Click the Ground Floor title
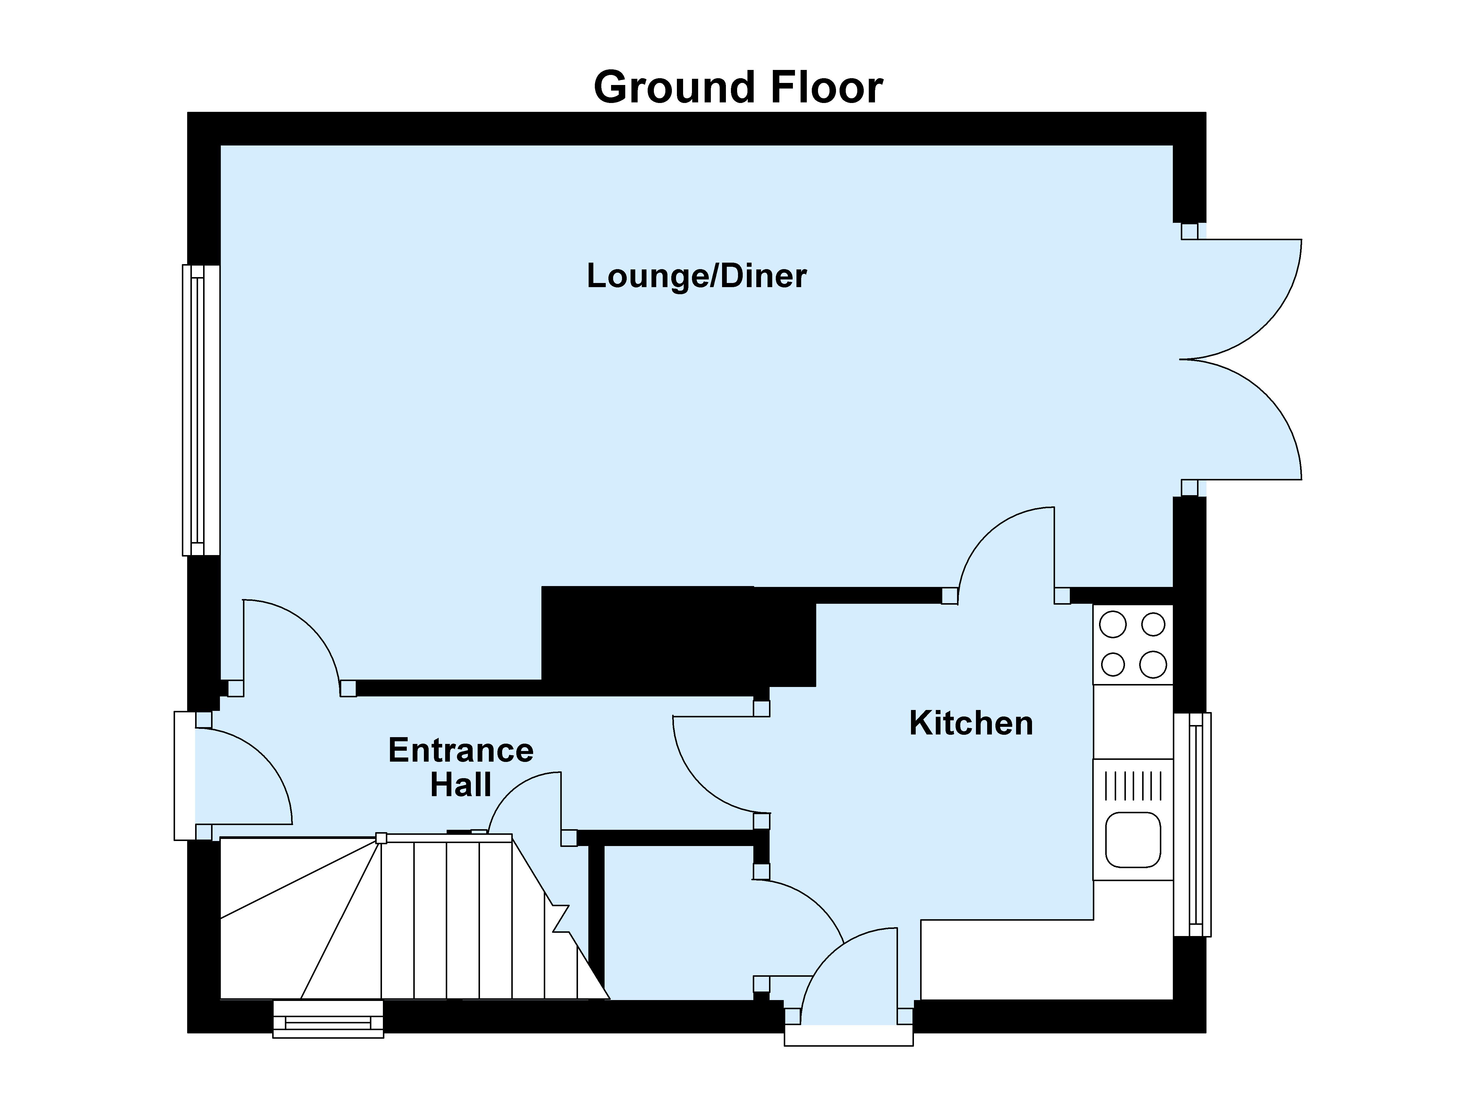click(738, 87)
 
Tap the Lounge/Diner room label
click(697, 276)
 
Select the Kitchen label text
click(971, 723)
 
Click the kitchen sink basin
click(1133, 840)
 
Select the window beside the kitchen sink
click(1192, 824)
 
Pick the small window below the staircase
click(328, 1019)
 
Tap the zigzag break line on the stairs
click(559, 918)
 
